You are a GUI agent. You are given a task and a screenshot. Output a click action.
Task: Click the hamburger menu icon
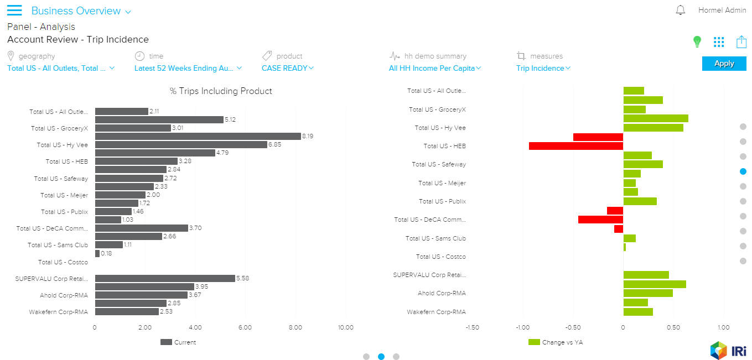click(x=14, y=11)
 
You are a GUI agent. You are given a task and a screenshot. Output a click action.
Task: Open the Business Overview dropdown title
click(x=81, y=11)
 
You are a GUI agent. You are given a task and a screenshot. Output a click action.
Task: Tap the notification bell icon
click(x=681, y=11)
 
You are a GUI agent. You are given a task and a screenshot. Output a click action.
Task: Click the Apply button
click(x=724, y=64)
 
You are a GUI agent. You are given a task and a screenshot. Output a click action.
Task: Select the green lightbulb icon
click(x=697, y=41)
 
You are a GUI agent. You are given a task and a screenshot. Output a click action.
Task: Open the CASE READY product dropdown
click(x=287, y=68)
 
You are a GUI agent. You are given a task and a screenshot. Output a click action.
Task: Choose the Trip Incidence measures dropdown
click(x=543, y=68)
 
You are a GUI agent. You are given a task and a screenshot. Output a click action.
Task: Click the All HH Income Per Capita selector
click(x=434, y=68)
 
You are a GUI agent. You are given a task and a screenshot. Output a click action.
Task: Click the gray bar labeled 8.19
click(x=198, y=136)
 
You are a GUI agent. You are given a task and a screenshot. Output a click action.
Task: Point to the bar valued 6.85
click(x=181, y=144)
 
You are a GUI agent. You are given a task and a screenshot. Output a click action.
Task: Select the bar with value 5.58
click(x=165, y=278)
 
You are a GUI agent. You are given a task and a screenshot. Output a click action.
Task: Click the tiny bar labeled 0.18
click(x=97, y=253)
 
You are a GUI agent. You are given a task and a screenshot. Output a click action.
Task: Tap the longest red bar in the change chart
click(x=575, y=146)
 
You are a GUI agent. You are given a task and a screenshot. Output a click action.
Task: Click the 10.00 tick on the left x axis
click(x=346, y=327)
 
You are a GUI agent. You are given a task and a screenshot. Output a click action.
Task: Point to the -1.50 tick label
click(x=472, y=327)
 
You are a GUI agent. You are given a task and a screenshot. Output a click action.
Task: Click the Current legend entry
click(x=178, y=342)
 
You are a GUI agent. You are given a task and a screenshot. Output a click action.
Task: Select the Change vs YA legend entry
click(x=556, y=342)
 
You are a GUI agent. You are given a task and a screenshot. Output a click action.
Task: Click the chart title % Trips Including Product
click(x=221, y=91)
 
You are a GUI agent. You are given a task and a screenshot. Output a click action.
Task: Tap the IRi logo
click(x=728, y=350)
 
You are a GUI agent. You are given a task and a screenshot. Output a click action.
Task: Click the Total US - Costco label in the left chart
click(x=63, y=262)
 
